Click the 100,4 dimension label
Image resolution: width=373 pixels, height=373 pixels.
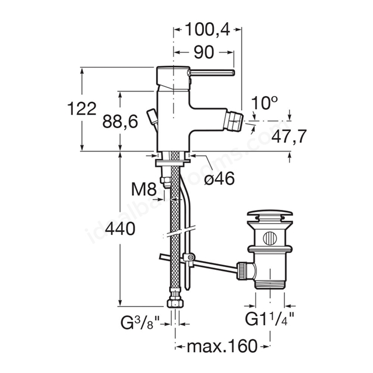coord(207,30)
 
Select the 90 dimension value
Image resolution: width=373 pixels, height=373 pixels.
coord(204,52)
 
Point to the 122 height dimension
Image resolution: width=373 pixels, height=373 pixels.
coord(82,109)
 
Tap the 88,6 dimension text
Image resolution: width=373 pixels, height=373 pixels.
coord(120,122)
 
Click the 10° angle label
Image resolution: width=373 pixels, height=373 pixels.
coord(264,103)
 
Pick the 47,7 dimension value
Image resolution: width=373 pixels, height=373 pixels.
coord(289,136)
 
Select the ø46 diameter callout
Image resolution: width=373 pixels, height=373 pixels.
coord(219,178)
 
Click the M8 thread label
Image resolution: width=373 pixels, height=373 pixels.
coord(144,189)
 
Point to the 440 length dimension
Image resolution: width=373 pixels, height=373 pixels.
coord(120,229)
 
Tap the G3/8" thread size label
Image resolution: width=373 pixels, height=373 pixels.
coord(140,322)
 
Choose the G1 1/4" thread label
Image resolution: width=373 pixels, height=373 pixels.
coord(269,319)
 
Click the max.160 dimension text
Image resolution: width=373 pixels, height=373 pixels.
coord(222,346)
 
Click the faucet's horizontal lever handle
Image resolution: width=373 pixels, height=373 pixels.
coord(211,72)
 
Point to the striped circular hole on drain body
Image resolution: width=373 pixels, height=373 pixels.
coord(269,238)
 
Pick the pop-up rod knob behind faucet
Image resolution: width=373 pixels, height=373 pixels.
coord(152,115)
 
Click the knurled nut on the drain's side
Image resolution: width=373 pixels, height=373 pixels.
coord(241,270)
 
